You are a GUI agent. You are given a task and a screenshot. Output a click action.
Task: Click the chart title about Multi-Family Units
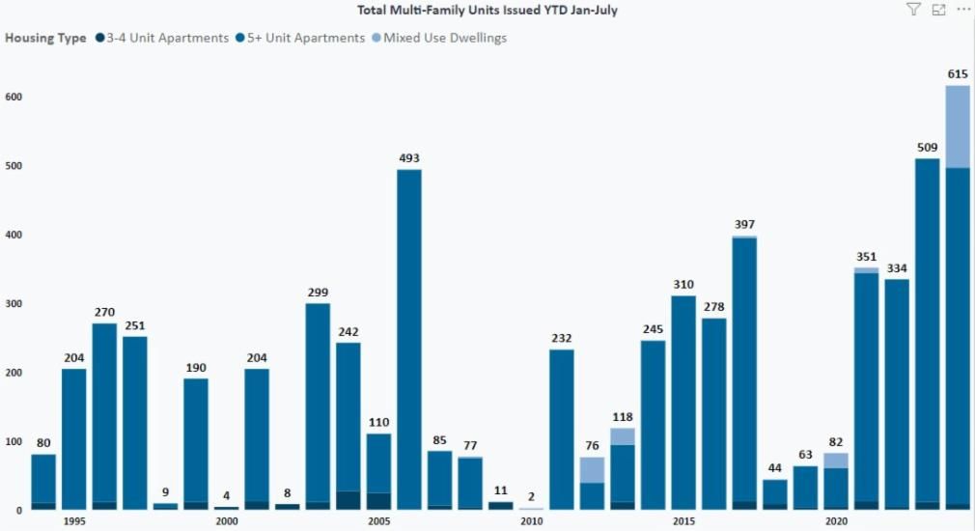click(487, 11)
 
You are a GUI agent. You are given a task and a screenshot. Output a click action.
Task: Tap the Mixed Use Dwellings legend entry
click(444, 39)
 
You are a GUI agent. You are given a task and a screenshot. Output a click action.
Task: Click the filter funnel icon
click(913, 10)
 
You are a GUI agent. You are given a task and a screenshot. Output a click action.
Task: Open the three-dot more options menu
click(962, 10)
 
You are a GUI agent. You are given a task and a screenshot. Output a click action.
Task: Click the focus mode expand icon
click(938, 10)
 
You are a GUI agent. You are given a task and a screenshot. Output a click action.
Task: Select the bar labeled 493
click(409, 338)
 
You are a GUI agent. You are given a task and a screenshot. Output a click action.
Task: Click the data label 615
click(958, 74)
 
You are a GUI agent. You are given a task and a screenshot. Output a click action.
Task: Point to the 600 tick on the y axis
click(14, 98)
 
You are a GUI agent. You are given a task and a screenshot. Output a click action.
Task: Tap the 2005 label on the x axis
click(378, 521)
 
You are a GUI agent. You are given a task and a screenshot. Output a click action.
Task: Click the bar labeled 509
click(927, 328)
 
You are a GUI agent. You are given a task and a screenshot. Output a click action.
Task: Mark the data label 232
click(562, 338)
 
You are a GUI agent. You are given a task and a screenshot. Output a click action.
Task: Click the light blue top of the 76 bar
click(592, 469)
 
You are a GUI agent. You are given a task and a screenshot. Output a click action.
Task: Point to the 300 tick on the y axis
click(14, 304)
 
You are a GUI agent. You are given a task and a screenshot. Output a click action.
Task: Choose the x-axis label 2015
click(683, 521)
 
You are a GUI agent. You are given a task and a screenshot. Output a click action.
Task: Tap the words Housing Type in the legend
click(45, 39)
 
